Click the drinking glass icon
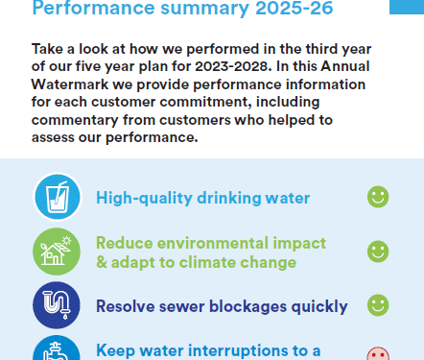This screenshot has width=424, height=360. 58,197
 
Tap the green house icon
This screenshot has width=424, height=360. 57,252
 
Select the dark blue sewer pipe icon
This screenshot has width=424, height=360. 57,305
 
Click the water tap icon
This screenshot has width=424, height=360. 57,348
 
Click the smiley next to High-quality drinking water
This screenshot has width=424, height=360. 378,197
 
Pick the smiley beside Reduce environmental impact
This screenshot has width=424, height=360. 378,252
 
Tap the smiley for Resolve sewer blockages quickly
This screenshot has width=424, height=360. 378,305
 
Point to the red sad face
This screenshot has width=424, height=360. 378,353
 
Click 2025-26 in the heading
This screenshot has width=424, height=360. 294,8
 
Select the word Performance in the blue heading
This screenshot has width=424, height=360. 93,8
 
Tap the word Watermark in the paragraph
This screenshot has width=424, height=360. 70,84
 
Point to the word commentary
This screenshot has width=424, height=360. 75,120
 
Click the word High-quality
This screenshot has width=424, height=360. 144,198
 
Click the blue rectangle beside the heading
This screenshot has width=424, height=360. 407,7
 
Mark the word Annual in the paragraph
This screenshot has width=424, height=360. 345,66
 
